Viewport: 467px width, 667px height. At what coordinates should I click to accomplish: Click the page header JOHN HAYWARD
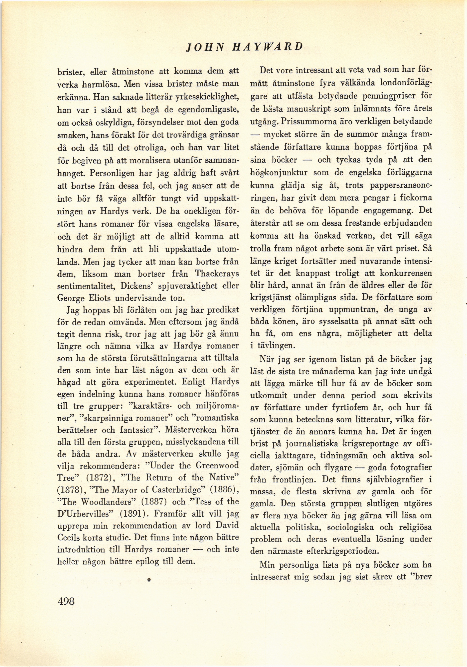(245, 46)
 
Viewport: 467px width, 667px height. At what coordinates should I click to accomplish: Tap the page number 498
(66, 601)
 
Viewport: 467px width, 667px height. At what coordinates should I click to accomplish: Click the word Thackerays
(217, 274)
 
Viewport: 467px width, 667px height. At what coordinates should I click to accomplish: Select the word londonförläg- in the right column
(406, 83)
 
